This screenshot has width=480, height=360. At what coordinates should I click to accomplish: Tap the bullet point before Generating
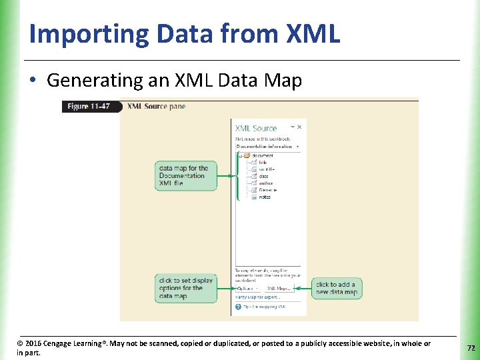click(x=31, y=81)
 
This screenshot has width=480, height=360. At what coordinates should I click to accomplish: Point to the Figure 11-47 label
click(x=88, y=107)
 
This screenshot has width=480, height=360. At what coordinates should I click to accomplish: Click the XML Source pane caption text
click(x=156, y=107)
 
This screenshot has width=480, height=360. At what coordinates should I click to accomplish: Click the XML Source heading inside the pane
click(x=255, y=128)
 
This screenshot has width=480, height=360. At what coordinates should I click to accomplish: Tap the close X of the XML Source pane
click(x=300, y=126)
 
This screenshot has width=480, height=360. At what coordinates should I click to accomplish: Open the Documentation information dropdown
click(x=297, y=146)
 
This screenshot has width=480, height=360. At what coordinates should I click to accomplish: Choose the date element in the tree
click(x=263, y=176)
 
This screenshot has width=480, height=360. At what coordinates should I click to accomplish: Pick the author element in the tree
click(x=266, y=183)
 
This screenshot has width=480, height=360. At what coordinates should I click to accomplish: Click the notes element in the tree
click(x=265, y=197)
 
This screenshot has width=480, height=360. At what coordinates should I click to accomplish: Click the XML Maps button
click(x=279, y=289)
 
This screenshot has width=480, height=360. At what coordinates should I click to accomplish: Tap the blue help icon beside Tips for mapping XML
click(x=238, y=307)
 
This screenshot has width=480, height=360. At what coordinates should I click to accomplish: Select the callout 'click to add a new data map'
click(x=337, y=288)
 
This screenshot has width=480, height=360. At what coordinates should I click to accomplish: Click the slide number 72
click(x=471, y=348)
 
